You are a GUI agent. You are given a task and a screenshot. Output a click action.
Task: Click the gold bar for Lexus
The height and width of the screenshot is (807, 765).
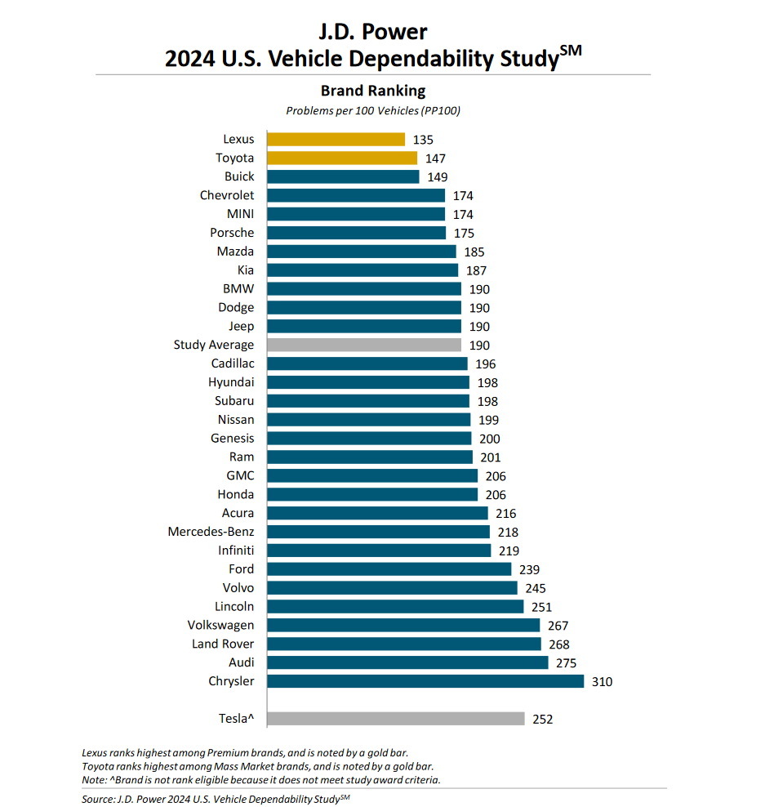336,139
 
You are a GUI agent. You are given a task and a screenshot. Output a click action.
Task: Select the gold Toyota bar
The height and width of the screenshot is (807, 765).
342,158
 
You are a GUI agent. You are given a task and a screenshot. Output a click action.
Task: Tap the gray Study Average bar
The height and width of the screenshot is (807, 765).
364,345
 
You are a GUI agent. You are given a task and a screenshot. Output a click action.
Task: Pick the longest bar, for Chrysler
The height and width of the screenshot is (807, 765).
425,681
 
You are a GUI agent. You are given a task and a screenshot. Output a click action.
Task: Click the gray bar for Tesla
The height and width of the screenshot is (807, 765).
396,719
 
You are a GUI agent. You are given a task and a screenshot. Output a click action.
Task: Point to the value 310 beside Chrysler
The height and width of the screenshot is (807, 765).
603,681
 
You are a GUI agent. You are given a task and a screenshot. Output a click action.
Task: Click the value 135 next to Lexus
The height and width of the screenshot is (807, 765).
423,140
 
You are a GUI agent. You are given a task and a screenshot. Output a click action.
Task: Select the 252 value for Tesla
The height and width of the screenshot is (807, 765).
543,720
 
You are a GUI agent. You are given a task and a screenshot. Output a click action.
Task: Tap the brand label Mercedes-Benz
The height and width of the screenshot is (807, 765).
211,532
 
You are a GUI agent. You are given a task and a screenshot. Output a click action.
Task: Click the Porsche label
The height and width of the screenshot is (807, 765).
232,233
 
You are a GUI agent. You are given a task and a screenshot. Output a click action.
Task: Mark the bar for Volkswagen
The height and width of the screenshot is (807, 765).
403,625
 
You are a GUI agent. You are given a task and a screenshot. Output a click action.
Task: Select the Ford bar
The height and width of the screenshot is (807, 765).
389,569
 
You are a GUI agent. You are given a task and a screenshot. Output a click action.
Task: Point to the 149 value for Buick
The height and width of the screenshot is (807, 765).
438,177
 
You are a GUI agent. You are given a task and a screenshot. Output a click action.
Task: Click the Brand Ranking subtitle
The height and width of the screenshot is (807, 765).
372,91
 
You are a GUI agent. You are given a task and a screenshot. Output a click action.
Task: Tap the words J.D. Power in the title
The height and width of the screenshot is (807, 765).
373,33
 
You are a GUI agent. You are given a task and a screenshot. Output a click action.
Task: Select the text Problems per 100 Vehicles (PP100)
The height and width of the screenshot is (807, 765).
373,110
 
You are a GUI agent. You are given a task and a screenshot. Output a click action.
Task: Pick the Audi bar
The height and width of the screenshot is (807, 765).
407,662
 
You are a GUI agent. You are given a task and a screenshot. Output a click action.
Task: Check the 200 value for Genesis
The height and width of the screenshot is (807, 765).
490,439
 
